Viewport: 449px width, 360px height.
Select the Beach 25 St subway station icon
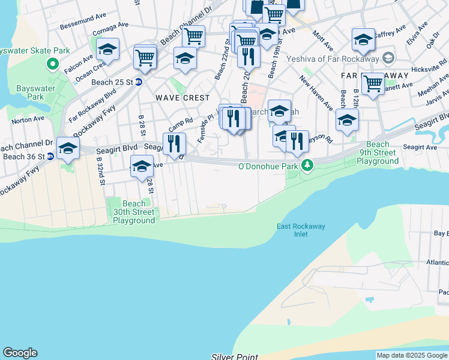139,82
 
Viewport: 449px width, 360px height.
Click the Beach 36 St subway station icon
50,157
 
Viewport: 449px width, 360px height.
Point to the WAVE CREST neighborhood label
182,97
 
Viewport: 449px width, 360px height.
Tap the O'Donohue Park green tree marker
307,164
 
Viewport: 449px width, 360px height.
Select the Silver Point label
234,356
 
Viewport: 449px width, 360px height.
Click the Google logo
20,353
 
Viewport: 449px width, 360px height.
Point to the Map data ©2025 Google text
411,355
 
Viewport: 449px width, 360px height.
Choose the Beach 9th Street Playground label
378,152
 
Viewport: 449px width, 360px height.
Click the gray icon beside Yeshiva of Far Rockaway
388,58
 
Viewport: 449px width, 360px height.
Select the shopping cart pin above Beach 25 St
145,57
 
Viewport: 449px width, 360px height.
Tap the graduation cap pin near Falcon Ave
107,49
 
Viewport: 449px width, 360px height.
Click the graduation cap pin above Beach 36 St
68,148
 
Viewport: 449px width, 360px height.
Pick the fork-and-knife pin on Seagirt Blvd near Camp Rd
174,143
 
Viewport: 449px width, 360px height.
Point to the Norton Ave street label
28,119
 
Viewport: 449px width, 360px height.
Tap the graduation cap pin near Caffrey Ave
363,40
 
